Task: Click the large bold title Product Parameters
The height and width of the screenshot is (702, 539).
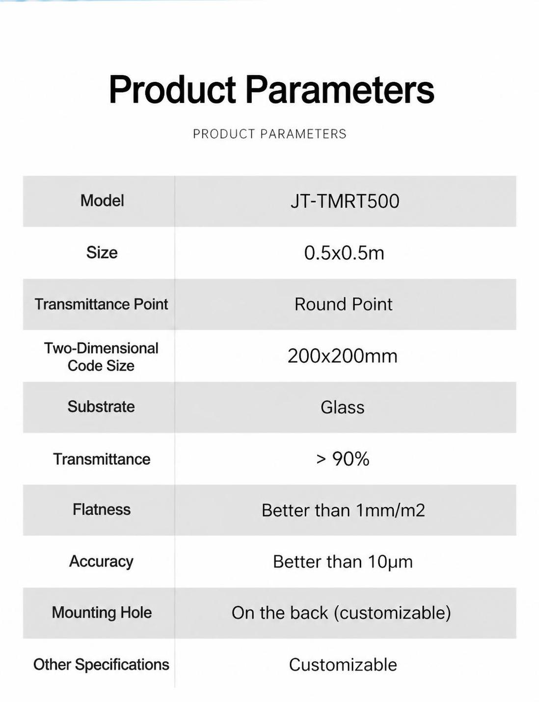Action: click(x=271, y=89)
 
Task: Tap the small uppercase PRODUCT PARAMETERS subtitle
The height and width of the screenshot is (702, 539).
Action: click(x=269, y=134)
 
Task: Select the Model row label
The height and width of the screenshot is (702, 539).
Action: click(x=102, y=201)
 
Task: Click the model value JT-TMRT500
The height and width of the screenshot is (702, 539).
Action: click(x=345, y=201)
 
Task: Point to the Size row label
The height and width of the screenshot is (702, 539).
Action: click(x=102, y=252)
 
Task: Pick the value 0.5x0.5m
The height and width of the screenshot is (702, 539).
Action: click(x=344, y=252)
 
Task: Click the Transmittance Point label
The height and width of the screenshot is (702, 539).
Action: click(x=101, y=304)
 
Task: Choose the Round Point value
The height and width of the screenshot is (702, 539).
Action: click(x=344, y=304)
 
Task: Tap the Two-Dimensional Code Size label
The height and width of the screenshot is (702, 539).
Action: click(x=101, y=357)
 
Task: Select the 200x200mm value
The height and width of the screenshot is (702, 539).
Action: click(x=343, y=356)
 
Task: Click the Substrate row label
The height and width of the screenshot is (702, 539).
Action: click(x=101, y=406)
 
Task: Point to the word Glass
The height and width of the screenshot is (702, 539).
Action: click(x=343, y=407)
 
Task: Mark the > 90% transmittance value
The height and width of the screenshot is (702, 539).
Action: click(x=343, y=459)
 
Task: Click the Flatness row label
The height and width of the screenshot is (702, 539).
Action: click(x=102, y=509)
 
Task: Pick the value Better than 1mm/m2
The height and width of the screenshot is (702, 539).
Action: click(x=343, y=510)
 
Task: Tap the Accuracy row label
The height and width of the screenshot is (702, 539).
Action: click(x=101, y=561)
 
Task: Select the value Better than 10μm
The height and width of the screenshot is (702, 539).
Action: click(x=343, y=562)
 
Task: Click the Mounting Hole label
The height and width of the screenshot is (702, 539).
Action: click(x=102, y=612)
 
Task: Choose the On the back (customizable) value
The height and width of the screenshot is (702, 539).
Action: click(x=341, y=613)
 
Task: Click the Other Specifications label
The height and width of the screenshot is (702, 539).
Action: click(x=101, y=665)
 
